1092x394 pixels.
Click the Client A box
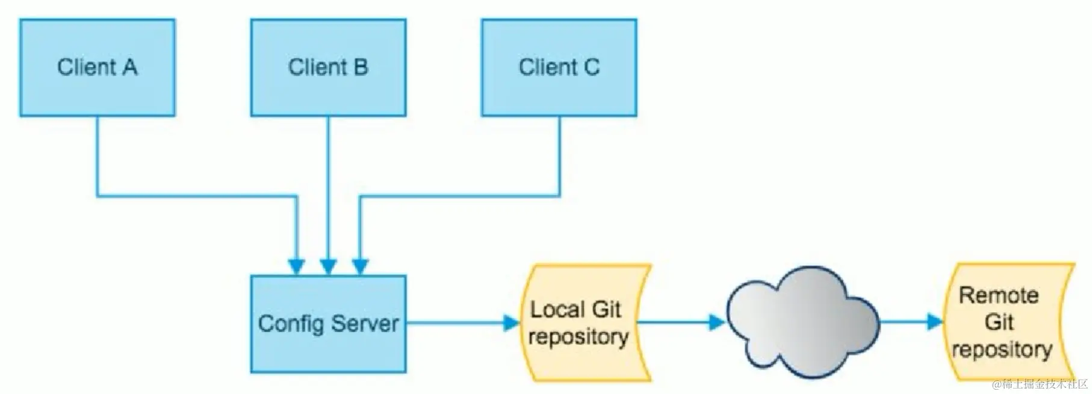pos(97,67)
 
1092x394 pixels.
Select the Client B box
pos(328,67)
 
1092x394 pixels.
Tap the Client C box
pos(559,67)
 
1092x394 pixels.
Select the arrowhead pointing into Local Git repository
pos(512,324)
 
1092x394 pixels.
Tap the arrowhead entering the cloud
pos(717,322)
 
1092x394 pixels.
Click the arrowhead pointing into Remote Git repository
pos(935,322)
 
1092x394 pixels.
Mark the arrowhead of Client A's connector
pos(297,266)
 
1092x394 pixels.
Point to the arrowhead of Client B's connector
pos(328,266)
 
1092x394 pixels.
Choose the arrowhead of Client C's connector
pos(360,266)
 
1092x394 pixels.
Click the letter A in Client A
pos(130,67)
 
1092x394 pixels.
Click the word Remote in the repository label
pos(999,295)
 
